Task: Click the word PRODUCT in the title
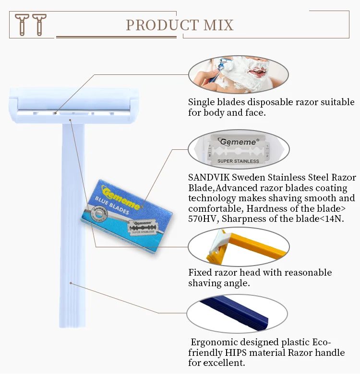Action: [x=162, y=25]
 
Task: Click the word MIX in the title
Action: [x=218, y=25]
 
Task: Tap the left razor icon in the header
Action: [x=22, y=24]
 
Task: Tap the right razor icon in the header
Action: [x=39, y=24]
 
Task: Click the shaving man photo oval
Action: [x=239, y=74]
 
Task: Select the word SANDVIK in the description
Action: [x=208, y=178]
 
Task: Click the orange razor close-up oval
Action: [x=239, y=247]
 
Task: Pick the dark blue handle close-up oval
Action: [x=237, y=314]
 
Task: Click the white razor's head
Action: [x=74, y=106]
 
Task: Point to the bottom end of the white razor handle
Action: [x=72, y=327]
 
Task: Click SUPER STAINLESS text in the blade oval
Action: [x=238, y=161]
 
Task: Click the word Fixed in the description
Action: [x=200, y=273]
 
